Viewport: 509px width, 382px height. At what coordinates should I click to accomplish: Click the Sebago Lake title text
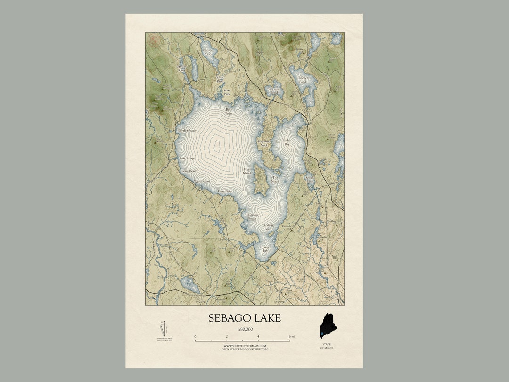[x=244, y=318]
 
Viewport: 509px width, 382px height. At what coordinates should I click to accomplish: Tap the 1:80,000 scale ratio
[x=244, y=329]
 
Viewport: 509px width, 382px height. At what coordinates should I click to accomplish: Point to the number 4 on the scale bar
[x=258, y=336]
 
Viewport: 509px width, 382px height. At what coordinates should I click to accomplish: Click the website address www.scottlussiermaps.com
[x=245, y=346]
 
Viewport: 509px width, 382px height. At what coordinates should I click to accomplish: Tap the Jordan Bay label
[x=287, y=142]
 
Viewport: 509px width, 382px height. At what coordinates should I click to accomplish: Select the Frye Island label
[x=246, y=171]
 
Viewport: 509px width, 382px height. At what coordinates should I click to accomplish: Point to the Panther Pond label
[x=302, y=80]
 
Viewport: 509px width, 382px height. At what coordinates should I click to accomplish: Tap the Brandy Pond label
[x=207, y=52]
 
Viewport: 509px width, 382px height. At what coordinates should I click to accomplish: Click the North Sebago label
[x=186, y=130]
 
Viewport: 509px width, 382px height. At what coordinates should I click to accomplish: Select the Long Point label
[x=225, y=191]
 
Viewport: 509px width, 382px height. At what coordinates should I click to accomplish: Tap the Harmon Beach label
[x=252, y=216]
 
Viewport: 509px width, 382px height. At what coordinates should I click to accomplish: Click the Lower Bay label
[x=265, y=248]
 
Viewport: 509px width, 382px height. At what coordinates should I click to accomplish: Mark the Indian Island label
[x=268, y=227]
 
